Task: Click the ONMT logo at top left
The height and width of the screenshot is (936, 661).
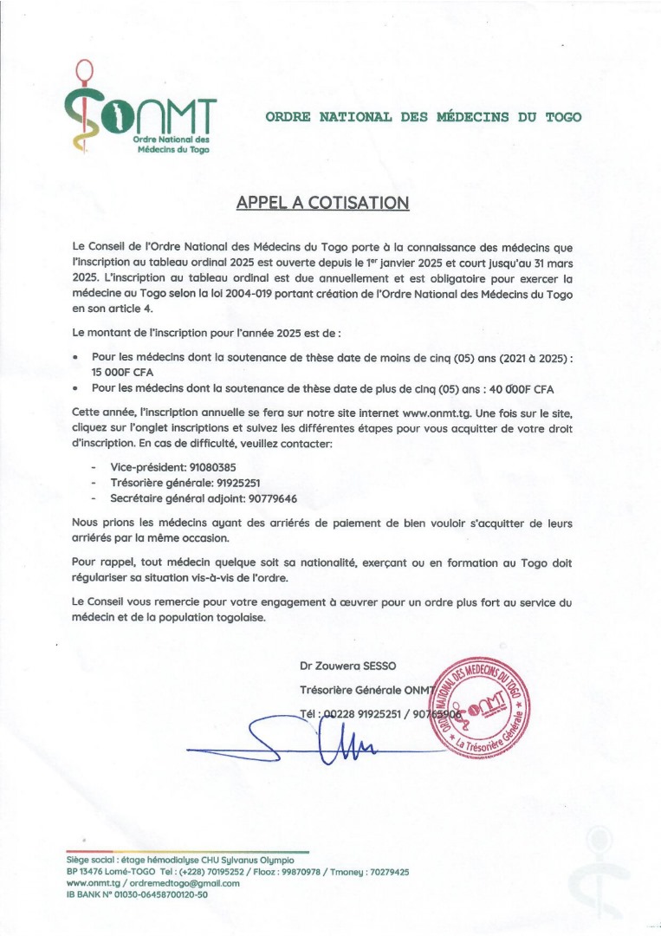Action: [139, 113]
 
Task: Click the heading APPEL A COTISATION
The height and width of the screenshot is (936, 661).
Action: [321, 203]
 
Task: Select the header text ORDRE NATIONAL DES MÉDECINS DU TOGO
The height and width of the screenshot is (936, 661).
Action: [424, 116]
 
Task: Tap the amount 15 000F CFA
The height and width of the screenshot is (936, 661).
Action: [126, 371]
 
